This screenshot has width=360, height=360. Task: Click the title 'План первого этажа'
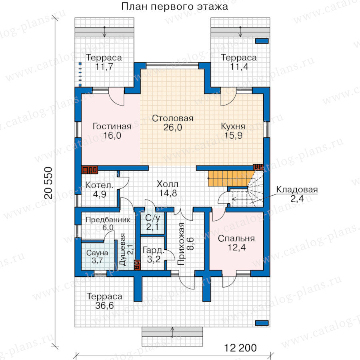tap(174, 6)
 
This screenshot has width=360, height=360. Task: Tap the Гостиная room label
tap(112, 126)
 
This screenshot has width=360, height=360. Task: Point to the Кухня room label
tap(233, 126)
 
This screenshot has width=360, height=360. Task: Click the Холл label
tap(168, 184)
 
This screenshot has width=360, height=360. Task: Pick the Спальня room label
tap(236, 238)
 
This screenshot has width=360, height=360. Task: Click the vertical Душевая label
tap(123, 250)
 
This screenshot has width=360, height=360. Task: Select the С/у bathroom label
tap(152, 218)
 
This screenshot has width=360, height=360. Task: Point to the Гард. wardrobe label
tap(154, 250)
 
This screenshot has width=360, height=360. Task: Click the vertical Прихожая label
tap(181, 244)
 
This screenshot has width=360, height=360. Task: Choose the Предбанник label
tap(108, 220)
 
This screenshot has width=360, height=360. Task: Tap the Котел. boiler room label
tap(100, 185)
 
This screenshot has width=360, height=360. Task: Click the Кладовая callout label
tap(297, 190)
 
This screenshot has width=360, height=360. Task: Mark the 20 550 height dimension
tap(48, 183)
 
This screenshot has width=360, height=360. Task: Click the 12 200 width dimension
tap(240, 348)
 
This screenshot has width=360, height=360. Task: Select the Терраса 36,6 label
tap(104, 301)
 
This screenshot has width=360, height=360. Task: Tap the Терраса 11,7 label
tap(104, 62)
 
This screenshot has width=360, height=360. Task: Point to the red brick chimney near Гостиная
tap(90, 170)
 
